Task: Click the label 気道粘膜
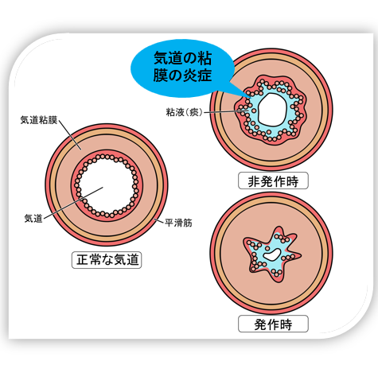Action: [39, 120]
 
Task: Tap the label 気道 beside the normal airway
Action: [33, 219]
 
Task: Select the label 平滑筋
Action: [178, 223]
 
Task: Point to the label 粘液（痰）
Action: [185, 112]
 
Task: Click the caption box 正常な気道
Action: [107, 260]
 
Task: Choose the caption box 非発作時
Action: [273, 181]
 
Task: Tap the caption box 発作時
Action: [273, 324]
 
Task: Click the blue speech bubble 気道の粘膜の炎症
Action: [182, 67]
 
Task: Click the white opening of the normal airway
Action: [106, 185]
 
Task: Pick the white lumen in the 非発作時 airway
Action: [273, 109]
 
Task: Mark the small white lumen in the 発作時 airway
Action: [271, 254]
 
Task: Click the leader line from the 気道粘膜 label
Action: [70, 134]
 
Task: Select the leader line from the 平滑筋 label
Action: [158, 220]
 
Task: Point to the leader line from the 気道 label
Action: [73, 203]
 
